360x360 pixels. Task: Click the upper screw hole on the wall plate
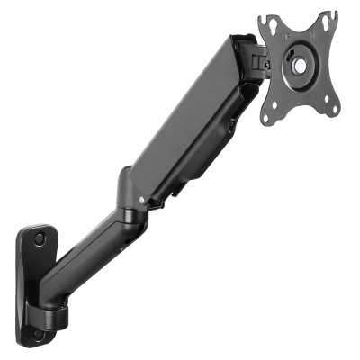39,240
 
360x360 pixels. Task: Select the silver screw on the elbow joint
140,200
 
